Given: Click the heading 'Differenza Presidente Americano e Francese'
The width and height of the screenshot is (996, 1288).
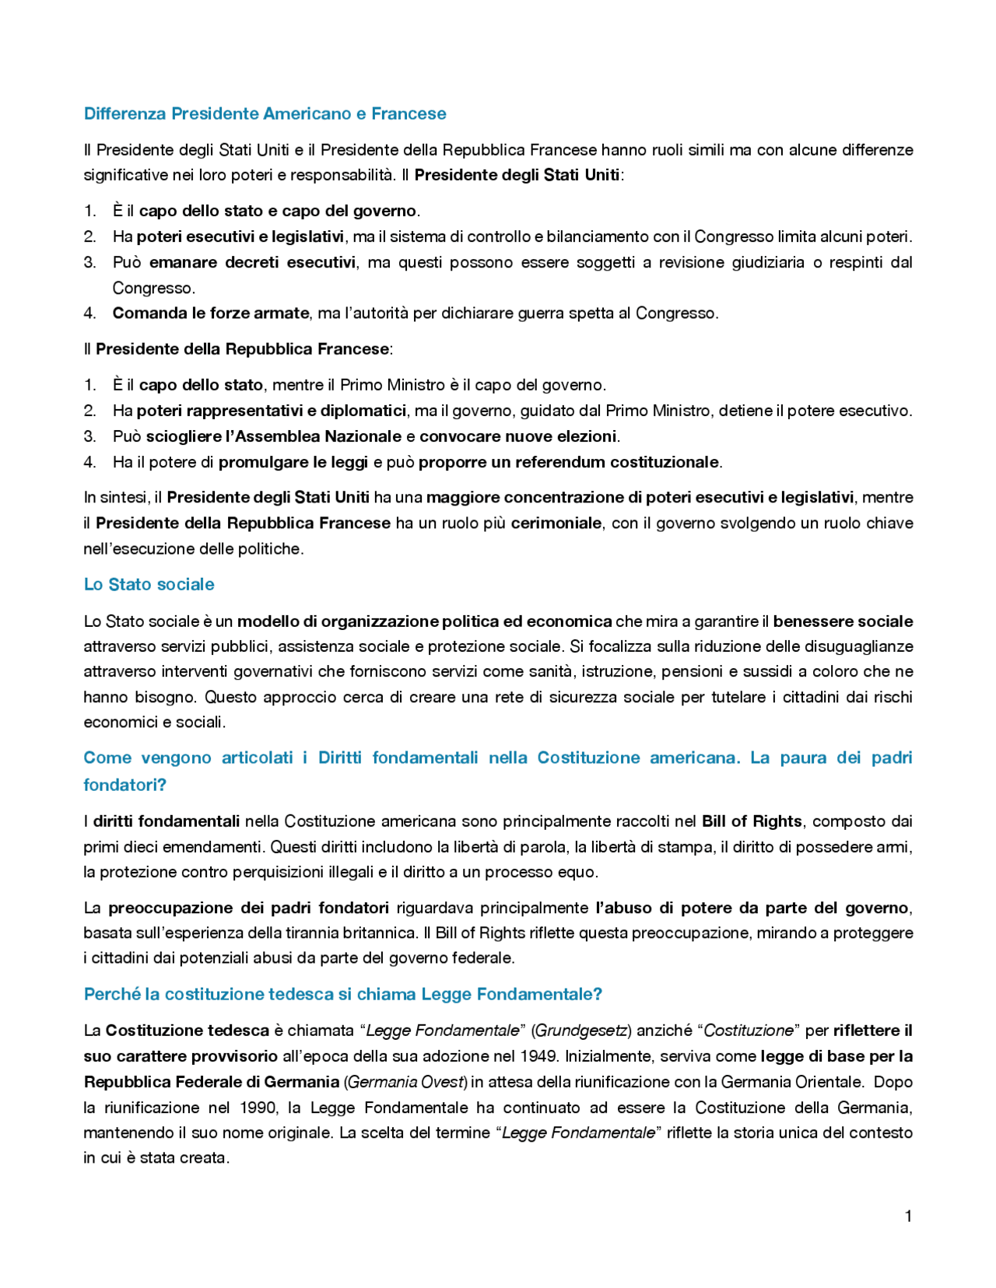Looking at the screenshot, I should (265, 114).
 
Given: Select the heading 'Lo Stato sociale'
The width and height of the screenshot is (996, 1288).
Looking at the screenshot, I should (149, 584).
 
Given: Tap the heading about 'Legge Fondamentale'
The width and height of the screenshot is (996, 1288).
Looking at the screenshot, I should (342, 994).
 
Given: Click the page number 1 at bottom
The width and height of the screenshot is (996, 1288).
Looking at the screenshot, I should (908, 1216).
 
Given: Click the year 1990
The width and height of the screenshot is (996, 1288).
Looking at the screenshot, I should (258, 1108).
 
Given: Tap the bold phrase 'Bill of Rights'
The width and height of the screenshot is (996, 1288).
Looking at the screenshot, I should (751, 821).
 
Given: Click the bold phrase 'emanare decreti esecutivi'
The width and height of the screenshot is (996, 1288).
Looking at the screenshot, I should (252, 262).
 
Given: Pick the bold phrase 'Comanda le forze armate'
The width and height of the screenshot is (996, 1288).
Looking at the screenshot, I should (210, 313).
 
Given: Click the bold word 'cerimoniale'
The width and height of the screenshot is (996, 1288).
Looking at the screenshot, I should (556, 523).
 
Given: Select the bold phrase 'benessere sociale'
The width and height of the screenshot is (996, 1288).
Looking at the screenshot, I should (843, 621).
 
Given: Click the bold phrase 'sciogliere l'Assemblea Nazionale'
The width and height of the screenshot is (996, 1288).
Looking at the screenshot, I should (274, 436).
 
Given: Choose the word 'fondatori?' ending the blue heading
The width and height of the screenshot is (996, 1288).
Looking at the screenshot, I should (124, 785).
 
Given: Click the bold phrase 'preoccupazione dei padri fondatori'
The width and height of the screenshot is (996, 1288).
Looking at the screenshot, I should (248, 908).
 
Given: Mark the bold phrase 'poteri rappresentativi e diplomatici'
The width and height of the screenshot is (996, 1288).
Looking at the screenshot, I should (271, 410).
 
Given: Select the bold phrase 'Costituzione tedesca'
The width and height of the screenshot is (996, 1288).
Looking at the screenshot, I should (187, 1031).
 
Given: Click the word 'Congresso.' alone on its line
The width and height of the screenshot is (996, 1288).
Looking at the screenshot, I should (153, 288).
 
